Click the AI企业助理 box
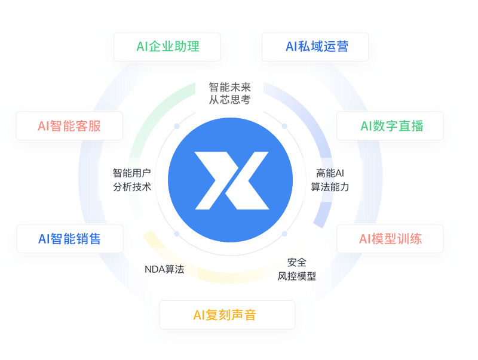[167, 47]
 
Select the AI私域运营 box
[317, 47]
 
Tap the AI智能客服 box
[69, 126]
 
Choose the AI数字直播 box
[391, 126]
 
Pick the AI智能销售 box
[69, 239]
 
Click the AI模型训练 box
[390, 239]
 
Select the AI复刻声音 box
[224, 315]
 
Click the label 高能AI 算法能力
[330, 180]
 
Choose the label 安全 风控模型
[297, 269]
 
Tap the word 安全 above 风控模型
[297, 262]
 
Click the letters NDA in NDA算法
[154, 269]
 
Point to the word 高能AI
[330, 173]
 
